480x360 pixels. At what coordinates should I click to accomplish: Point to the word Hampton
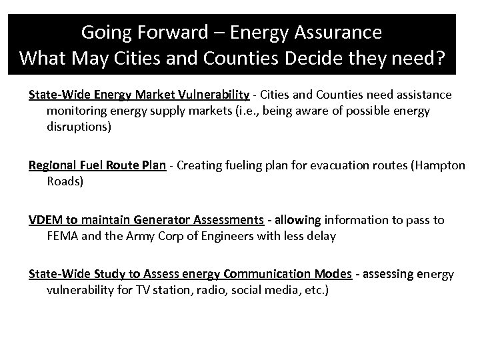(x=442, y=165)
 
